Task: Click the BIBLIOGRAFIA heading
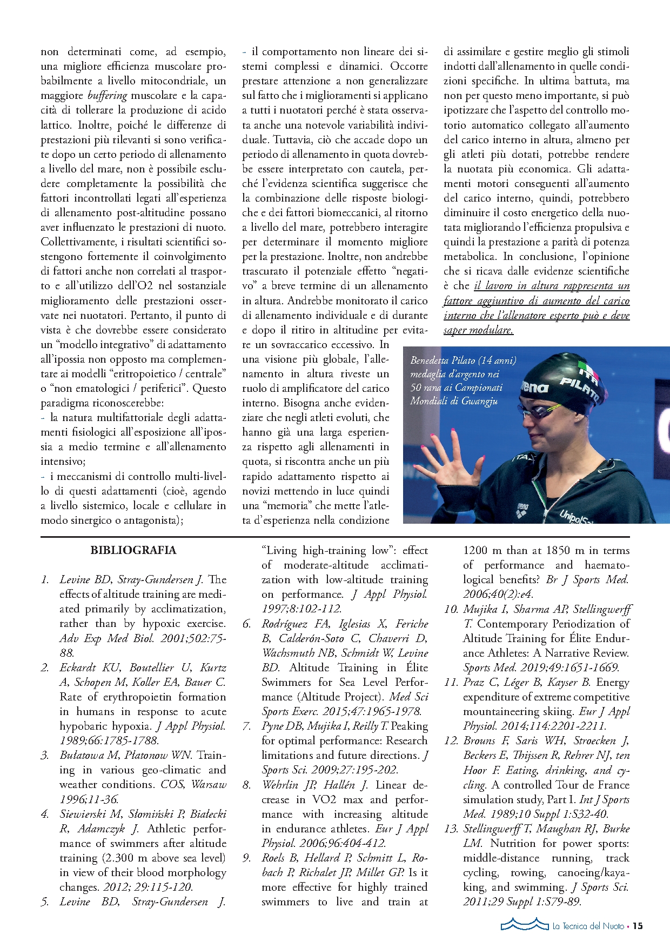(x=133, y=550)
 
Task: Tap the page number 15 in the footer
(x=638, y=926)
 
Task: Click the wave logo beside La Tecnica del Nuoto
(x=524, y=925)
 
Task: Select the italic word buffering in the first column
(x=107, y=96)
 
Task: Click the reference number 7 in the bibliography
(x=247, y=726)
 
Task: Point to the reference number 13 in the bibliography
(x=451, y=829)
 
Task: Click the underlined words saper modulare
(x=478, y=330)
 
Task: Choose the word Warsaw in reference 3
(x=209, y=784)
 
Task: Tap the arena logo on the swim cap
(x=534, y=387)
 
